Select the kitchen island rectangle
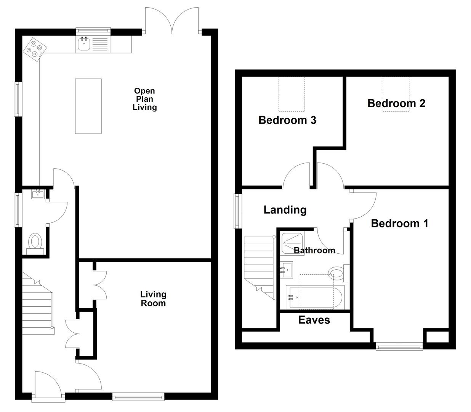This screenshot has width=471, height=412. click(x=88, y=106)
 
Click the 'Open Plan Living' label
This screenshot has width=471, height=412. click(x=144, y=99)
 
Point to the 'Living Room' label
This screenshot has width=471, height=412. click(x=153, y=299)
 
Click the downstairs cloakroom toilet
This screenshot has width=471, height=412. click(x=35, y=243)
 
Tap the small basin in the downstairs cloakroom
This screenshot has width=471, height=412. click(x=38, y=194)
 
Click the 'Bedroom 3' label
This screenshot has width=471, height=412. click(x=287, y=120)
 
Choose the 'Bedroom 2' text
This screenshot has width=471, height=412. click(x=396, y=103)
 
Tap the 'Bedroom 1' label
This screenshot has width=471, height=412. click(x=399, y=223)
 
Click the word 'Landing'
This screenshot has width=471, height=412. click(x=285, y=210)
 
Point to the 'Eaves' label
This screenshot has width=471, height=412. click(x=314, y=320)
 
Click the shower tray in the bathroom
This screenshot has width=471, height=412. click(x=292, y=242)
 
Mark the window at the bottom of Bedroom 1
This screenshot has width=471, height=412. click(x=399, y=346)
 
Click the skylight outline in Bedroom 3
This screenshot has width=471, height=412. click(x=292, y=93)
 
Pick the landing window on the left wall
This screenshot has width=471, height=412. click(x=238, y=211)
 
